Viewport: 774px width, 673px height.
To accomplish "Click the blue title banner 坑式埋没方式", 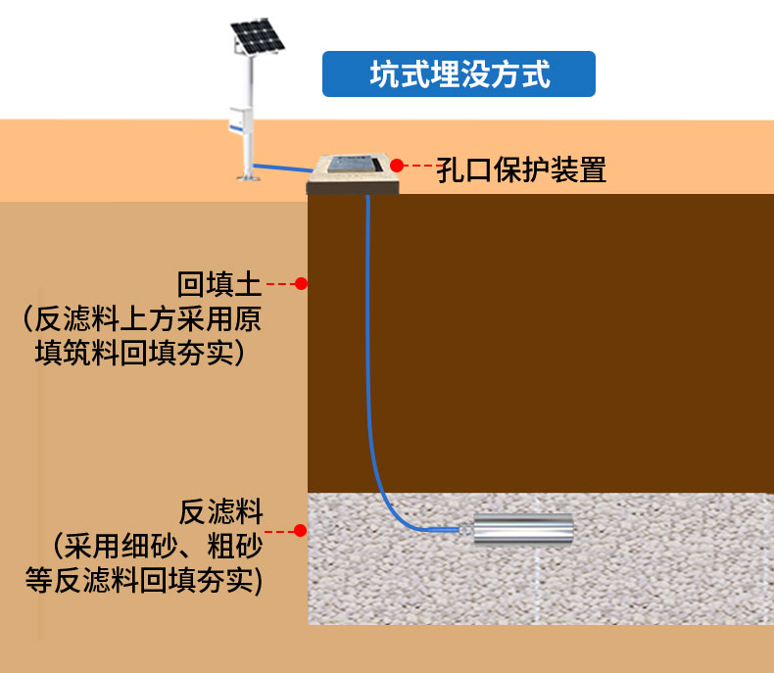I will click(x=459, y=74).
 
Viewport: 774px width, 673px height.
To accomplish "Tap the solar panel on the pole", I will click(x=257, y=38).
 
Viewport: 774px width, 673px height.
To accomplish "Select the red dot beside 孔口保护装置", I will click(x=397, y=166).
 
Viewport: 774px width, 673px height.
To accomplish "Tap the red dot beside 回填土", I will click(x=302, y=284).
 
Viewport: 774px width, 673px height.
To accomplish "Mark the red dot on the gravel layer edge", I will click(x=301, y=531).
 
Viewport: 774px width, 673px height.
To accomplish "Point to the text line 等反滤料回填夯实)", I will click(x=144, y=578).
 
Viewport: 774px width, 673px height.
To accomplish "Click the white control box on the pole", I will click(x=236, y=120).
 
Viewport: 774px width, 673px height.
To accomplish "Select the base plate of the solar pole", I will click(x=249, y=177).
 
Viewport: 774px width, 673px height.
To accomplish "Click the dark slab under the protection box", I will click(x=353, y=187).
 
